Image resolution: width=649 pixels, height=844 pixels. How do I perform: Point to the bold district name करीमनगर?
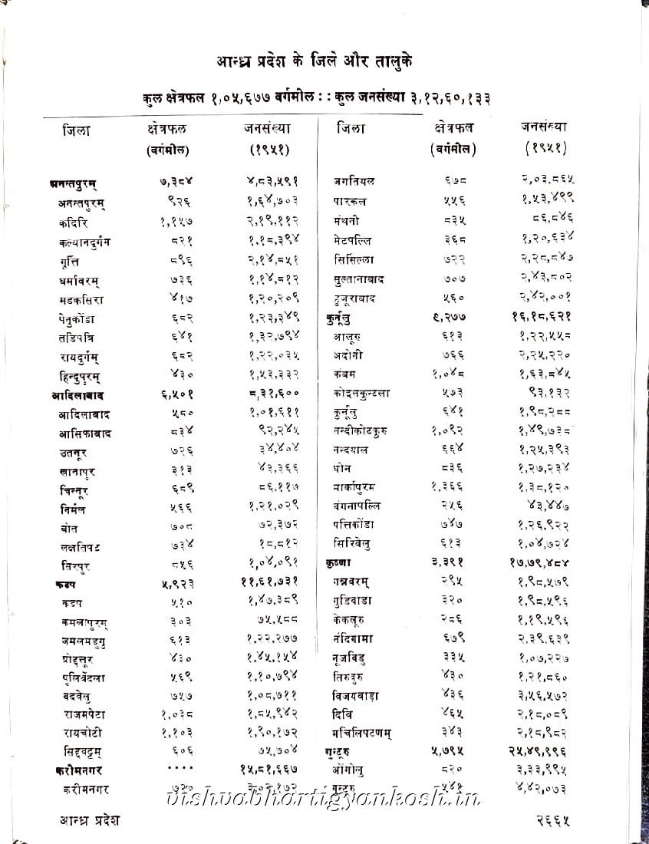[80, 767]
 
